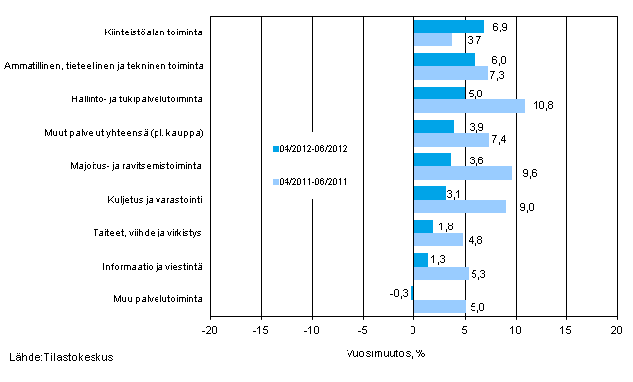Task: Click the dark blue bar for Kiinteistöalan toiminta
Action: coord(449,27)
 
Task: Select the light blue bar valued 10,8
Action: coord(469,105)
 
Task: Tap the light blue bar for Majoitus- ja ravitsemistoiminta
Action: coord(463,172)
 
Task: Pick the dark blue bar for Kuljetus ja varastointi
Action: coord(429,193)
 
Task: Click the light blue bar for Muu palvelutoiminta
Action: coord(439,306)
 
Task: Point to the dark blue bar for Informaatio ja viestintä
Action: coord(420,260)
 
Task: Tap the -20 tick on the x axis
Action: coord(210,331)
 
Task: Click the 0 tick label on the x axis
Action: coord(413,331)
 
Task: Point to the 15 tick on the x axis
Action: coord(566,331)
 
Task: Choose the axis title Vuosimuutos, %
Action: coord(386,351)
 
